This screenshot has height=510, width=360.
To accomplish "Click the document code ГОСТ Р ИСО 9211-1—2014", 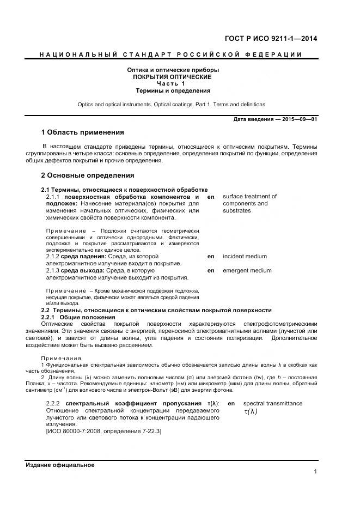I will pos(271,39).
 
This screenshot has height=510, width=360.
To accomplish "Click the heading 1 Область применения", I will pos(83,132).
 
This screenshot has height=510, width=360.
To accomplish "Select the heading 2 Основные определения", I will pos(88,175).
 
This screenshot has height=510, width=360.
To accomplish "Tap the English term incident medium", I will pos(245,256).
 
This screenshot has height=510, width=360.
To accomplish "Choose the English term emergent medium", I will pos(247,270).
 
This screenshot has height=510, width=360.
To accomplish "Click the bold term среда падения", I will pos(83,256).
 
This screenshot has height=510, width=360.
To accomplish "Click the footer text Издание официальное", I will pos(60,465).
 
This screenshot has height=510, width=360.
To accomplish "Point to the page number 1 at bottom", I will pos(315,472).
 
